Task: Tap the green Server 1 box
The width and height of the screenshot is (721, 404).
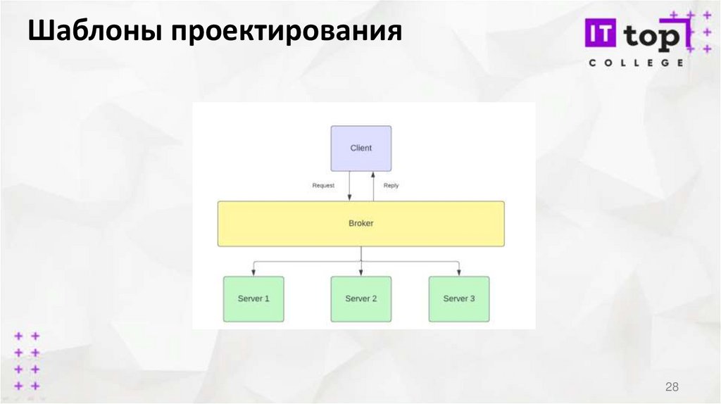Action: click(x=253, y=299)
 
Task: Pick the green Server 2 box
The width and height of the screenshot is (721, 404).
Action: click(x=360, y=299)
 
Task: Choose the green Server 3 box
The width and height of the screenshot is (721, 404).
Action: click(x=459, y=299)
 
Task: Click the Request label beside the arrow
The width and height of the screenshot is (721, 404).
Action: click(x=323, y=186)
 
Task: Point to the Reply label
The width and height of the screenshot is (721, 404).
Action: click(x=391, y=186)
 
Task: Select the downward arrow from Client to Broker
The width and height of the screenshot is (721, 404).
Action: click(x=350, y=187)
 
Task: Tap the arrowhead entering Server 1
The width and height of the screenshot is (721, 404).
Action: click(x=253, y=272)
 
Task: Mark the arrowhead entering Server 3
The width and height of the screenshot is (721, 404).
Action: click(x=459, y=272)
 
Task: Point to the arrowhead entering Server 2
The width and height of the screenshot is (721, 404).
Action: click(x=360, y=272)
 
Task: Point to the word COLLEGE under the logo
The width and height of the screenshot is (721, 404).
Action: click(x=635, y=63)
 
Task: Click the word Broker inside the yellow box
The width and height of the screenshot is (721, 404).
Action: click(x=360, y=224)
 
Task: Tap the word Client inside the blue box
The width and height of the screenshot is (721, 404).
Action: click(x=360, y=148)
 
